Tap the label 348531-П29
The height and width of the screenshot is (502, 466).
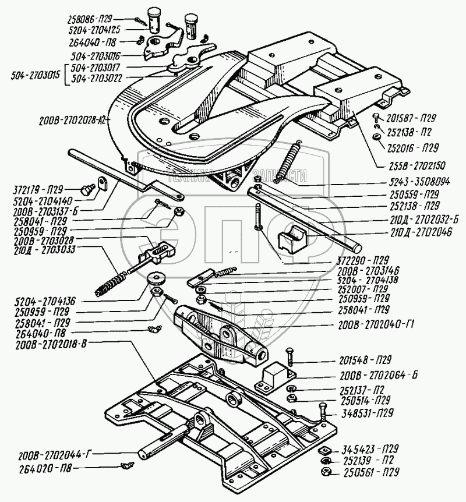[365, 413]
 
